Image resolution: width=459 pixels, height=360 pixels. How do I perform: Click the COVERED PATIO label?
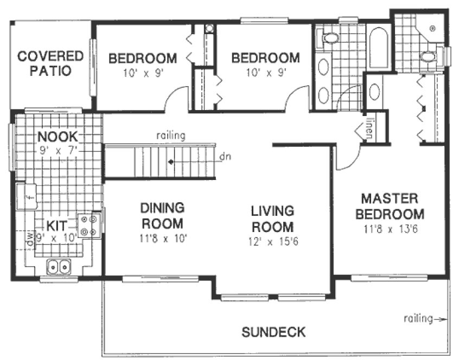(x=50, y=63)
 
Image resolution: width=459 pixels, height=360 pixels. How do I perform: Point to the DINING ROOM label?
(x=162, y=215)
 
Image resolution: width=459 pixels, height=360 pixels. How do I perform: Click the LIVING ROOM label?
(x=272, y=218)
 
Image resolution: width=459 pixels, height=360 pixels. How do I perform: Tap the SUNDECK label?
(x=273, y=331)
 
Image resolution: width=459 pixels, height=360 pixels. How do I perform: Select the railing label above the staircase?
(x=170, y=136)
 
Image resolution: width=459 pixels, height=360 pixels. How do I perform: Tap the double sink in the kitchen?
(x=58, y=266)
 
